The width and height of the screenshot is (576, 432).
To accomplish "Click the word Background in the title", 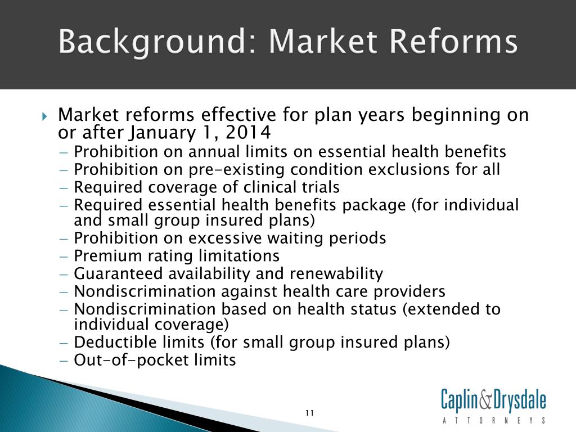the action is (x=152, y=42).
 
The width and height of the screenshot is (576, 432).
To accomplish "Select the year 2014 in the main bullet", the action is (x=248, y=133).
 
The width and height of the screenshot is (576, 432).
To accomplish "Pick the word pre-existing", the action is (x=237, y=170).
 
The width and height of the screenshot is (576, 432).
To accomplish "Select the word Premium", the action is (x=108, y=256).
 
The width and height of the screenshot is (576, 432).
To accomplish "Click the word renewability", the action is (x=336, y=274).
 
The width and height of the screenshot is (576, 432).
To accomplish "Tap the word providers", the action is (x=409, y=292).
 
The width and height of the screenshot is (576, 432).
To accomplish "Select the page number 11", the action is (x=310, y=413).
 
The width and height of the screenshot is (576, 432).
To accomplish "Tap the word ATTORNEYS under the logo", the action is (x=494, y=421).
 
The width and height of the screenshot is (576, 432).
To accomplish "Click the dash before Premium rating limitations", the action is (x=64, y=256).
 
